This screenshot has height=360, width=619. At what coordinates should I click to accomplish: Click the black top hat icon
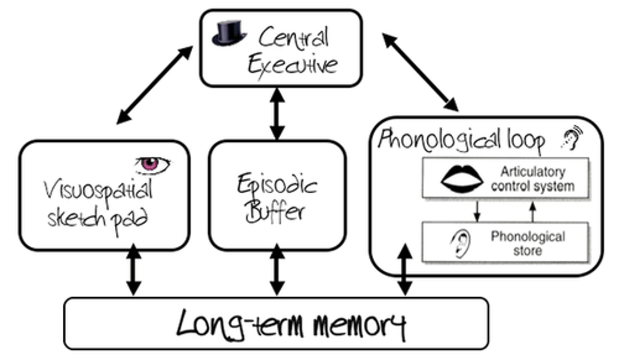point(229,34)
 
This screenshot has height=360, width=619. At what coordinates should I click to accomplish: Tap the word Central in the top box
point(294,38)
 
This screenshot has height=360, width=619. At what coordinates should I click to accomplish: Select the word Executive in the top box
point(293,66)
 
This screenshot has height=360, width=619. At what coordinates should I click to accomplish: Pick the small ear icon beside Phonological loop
point(572,137)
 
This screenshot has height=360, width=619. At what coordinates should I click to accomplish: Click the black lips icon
point(462,178)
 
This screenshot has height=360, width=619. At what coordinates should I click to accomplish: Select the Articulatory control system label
point(533,179)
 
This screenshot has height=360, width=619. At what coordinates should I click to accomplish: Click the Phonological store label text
point(527,243)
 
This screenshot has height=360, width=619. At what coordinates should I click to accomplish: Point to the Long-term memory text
point(291,324)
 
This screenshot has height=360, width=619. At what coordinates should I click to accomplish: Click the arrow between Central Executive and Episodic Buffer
point(277,114)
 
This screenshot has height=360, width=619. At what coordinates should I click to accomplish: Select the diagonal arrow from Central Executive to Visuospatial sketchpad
point(155,85)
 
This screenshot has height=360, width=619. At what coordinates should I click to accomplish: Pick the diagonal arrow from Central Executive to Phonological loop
point(420,73)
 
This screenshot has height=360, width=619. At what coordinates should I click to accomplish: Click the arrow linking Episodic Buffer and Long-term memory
point(277,269)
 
